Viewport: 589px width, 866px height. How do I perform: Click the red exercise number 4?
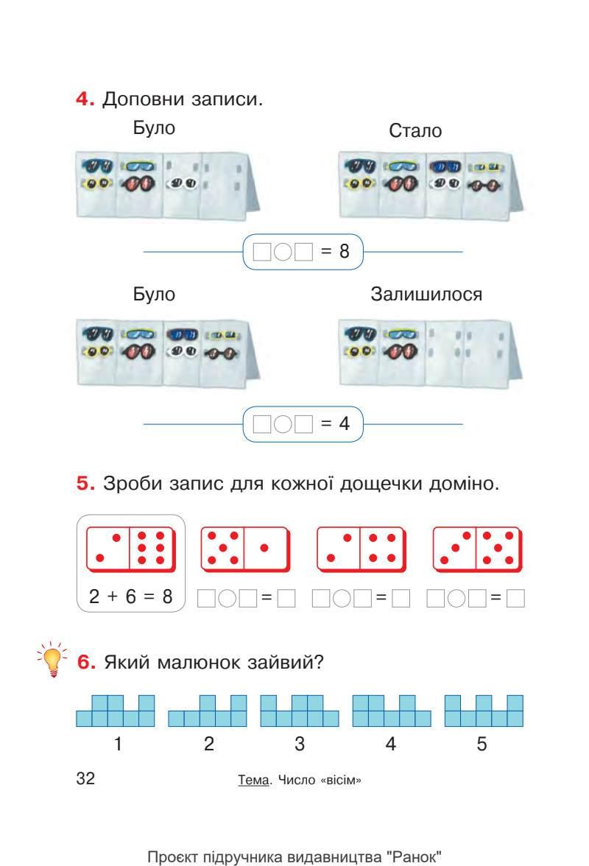pyautogui.click(x=84, y=99)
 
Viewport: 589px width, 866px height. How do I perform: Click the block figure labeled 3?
pyautogui.click(x=300, y=711)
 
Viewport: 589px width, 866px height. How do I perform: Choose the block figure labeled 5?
pyautogui.click(x=484, y=711)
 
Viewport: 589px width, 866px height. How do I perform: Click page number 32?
pyautogui.click(x=86, y=779)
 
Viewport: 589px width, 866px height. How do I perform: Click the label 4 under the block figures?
pyautogui.click(x=391, y=744)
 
